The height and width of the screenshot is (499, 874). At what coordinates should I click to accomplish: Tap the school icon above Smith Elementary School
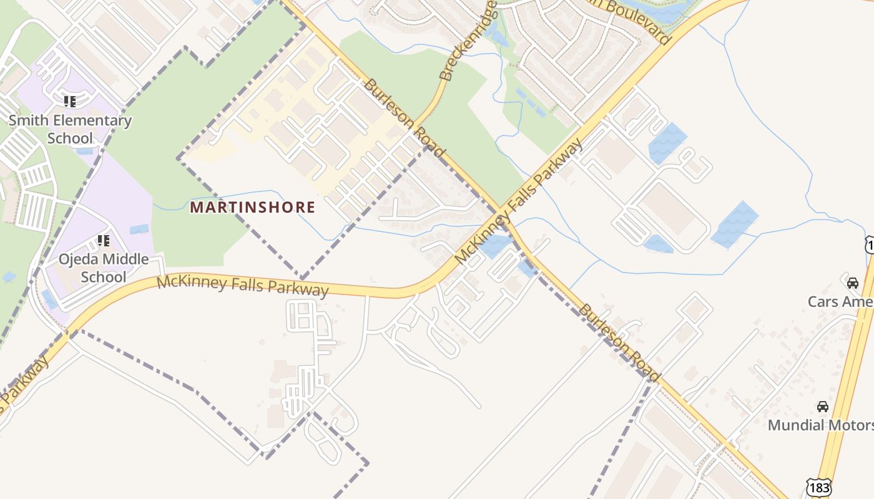[x=70, y=101]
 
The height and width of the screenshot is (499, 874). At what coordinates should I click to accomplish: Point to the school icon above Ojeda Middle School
[x=104, y=240]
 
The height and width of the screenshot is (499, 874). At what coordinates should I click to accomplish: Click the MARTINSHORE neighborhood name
[x=252, y=207]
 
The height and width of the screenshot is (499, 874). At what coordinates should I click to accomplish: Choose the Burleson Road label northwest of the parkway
[x=404, y=117]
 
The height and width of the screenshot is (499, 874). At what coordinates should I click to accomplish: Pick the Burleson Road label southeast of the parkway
[x=619, y=342]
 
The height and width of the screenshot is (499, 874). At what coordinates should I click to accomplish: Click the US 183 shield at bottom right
[x=818, y=487]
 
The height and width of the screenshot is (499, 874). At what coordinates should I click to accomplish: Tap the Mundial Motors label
[x=820, y=425]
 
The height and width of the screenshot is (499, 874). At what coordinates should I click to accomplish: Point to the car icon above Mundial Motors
[x=823, y=407]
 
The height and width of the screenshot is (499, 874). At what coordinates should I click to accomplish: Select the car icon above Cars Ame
[x=852, y=283]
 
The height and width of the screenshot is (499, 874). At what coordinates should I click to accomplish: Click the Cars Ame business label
[x=840, y=302]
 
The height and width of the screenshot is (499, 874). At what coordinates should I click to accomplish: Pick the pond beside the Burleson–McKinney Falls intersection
[x=495, y=245]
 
